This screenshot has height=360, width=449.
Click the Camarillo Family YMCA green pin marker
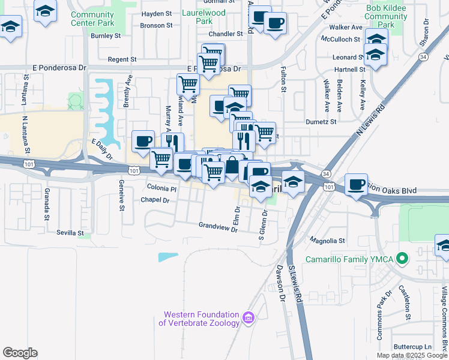click(403, 259)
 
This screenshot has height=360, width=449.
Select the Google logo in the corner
click(20, 353)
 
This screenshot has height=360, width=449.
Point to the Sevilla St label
click(70, 232)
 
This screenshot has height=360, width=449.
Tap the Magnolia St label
click(327, 241)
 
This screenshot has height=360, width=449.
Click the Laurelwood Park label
click(204, 16)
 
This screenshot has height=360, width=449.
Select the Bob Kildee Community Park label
click(386, 16)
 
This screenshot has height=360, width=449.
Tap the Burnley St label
click(106, 36)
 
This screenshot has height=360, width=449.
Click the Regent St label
click(122, 59)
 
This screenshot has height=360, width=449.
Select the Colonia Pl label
click(161, 188)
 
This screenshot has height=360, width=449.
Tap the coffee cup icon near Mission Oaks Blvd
click(357, 184)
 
